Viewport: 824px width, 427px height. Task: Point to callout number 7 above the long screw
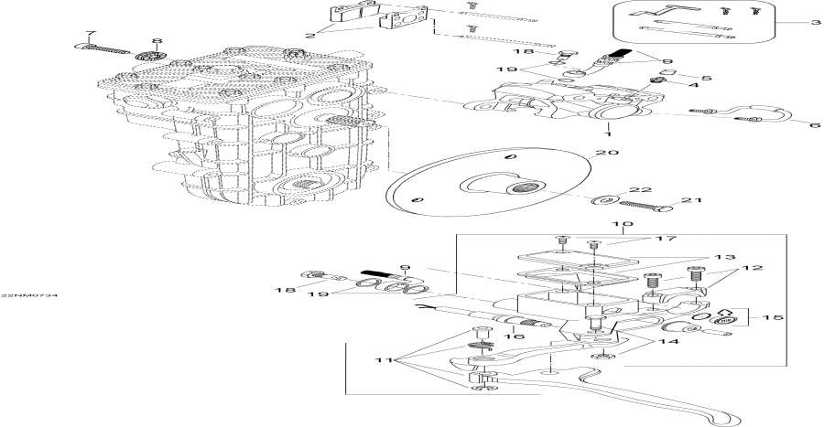point(89,34)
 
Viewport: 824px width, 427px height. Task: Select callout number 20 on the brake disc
point(601,155)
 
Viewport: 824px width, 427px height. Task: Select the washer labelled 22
point(605,198)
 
